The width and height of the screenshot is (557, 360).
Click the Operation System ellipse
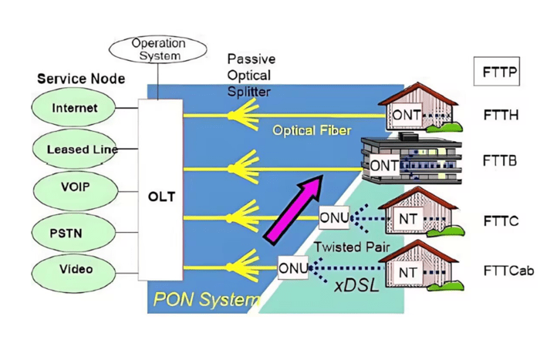(x=158, y=50)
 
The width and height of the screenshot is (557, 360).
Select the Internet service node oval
(x=74, y=108)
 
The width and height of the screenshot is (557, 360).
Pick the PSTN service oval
(x=74, y=230)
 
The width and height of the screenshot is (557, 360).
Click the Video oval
(x=74, y=270)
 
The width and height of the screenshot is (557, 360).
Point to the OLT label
(x=161, y=197)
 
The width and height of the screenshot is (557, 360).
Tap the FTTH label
(x=500, y=116)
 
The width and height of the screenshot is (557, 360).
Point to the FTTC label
(x=500, y=222)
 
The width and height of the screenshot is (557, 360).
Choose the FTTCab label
(x=508, y=271)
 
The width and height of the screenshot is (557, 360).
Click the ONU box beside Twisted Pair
(x=333, y=218)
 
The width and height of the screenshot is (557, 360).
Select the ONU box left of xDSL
(x=292, y=267)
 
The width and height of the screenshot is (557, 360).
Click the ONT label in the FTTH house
(x=406, y=115)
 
